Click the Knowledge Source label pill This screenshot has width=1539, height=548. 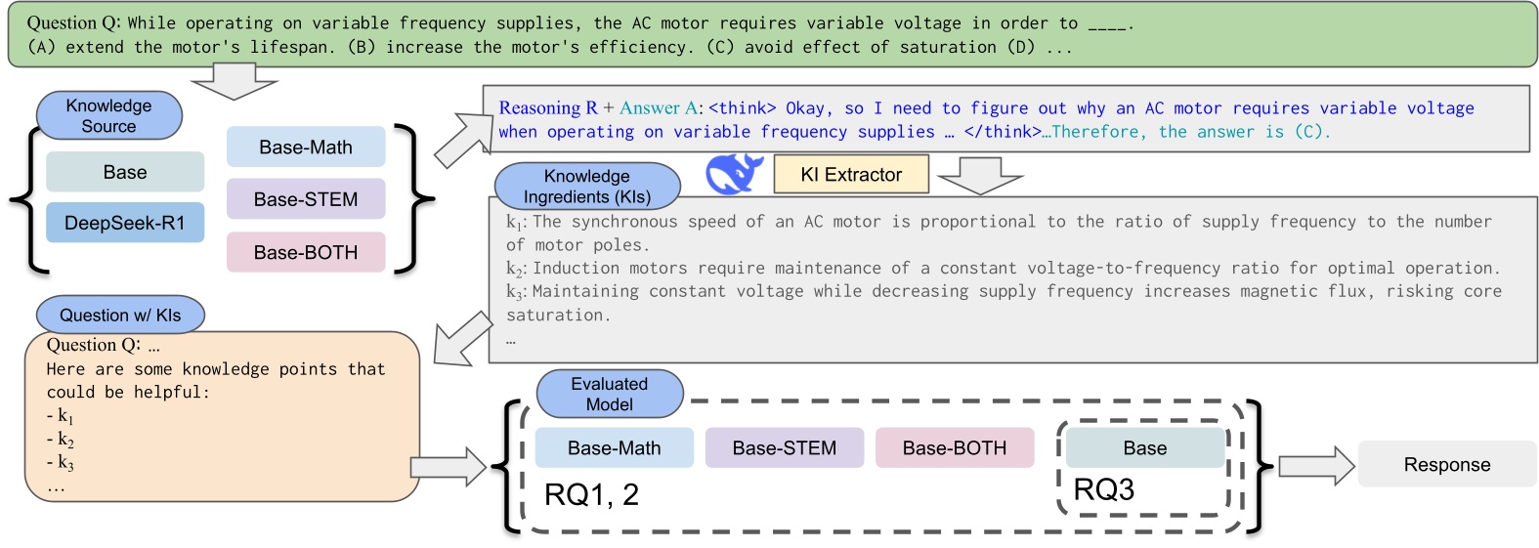[108, 115]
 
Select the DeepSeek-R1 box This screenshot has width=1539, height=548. [125, 223]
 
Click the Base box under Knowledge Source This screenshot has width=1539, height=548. [125, 172]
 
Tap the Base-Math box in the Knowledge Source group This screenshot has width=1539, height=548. [306, 148]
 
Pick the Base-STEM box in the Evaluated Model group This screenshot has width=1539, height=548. [785, 447]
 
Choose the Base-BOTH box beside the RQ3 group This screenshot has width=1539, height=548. [954, 447]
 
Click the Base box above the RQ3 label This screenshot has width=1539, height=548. [1144, 447]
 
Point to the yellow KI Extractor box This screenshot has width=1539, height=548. [850, 175]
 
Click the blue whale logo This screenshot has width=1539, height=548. [734, 174]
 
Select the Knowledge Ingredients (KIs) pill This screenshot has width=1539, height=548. [586, 186]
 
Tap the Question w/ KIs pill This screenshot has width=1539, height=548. [120, 315]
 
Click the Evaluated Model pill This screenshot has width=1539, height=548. [609, 394]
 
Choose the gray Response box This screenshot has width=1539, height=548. [1446, 464]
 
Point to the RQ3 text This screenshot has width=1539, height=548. [1103, 489]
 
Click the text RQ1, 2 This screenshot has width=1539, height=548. [591, 494]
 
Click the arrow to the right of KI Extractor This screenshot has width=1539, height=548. [979, 177]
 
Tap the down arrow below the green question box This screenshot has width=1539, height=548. [234, 82]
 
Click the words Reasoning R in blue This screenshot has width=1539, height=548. [547, 107]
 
